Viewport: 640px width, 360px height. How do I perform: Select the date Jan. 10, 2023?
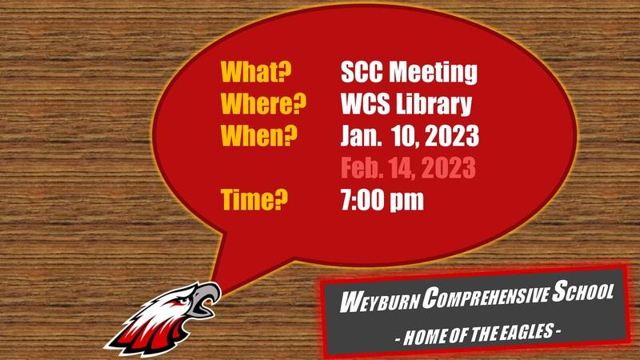click(x=409, y=137)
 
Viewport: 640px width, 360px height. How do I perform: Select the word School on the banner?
click(x=582, y=294)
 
